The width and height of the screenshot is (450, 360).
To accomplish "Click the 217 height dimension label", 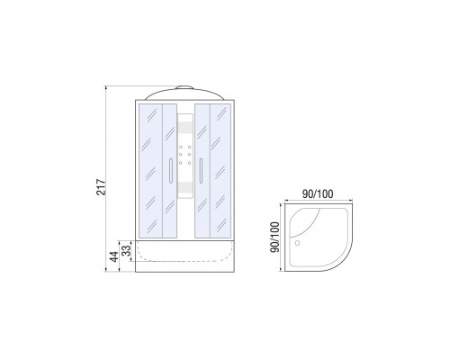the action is (101, 187).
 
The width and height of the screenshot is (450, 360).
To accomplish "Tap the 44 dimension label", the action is (114, 256).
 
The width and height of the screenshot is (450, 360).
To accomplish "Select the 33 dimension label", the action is (128, 250).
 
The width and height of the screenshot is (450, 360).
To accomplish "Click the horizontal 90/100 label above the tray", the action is (318, 194).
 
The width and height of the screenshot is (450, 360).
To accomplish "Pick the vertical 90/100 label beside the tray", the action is (274, 237).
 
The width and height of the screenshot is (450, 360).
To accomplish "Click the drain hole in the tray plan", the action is (297, 243).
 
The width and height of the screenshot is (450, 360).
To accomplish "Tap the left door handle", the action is (170, 170).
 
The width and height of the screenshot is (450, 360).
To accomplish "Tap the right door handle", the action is (201, 170).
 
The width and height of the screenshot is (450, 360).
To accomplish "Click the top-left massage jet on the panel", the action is (181, 147).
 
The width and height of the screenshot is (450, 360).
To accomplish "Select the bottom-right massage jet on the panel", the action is (190, 163).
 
